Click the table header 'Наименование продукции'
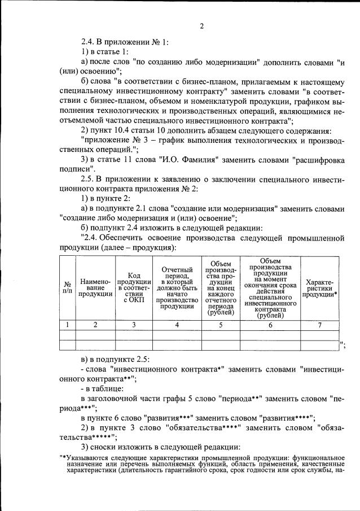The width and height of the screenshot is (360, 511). coord(95,287)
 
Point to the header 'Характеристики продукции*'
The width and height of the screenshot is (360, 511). coord(320,287)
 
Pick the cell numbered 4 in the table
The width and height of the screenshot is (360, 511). coord(177,325)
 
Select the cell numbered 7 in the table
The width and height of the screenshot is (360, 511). coord(320,325)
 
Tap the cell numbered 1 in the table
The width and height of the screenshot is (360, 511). coord(67,325)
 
